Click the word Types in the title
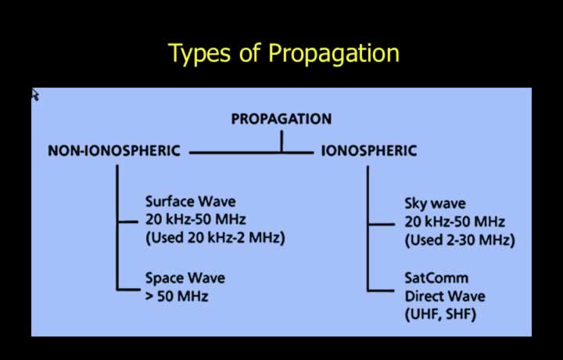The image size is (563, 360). coord(199,54)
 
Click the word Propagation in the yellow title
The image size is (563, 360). coord(334,54)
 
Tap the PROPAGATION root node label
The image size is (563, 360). coord(281,119)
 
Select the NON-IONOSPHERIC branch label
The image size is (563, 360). coord(114,150)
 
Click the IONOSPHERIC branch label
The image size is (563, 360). coord(369,150)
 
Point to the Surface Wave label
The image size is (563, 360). coord(191,202)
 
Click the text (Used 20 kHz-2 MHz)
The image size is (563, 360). coord(215,238)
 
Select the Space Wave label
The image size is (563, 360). coord(185,278)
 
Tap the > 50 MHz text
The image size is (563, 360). coord(177,297)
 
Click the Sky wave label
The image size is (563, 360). coord(436,203)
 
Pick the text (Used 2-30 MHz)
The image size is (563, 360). coord(460,240)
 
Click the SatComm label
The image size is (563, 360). coord(436,278)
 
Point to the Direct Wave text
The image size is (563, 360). coord(445,297)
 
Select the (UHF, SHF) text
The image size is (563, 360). coord(440,315)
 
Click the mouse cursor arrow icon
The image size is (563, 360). coord(35,95)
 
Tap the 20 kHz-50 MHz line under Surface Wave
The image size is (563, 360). coord(195,219)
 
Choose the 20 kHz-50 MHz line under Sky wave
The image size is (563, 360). coord(455,221)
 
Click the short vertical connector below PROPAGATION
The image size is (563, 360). coord(281,141)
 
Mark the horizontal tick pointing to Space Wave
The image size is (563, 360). coord(128,289)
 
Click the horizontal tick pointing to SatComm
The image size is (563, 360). coord(380,290)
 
